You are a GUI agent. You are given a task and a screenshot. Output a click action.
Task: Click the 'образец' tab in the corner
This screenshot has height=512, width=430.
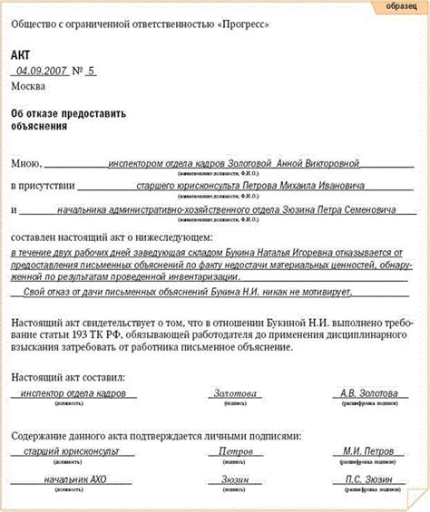[x=400, y=7]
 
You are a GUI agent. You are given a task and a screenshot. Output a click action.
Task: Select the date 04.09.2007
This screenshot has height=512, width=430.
[x=39, y=70]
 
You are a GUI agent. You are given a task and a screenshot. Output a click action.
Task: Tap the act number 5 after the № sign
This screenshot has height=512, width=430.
[x=91, y=70]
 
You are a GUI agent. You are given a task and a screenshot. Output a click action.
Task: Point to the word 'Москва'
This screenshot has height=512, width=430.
[x=27, y=86]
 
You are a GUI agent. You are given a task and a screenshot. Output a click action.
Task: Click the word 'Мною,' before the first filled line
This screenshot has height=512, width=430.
[x=26, y=164]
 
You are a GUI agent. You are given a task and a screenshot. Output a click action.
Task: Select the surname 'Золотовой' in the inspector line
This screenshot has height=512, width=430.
[x=242, y=164]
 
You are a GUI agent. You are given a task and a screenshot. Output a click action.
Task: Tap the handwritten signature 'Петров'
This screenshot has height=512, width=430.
[x=236, y=451]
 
